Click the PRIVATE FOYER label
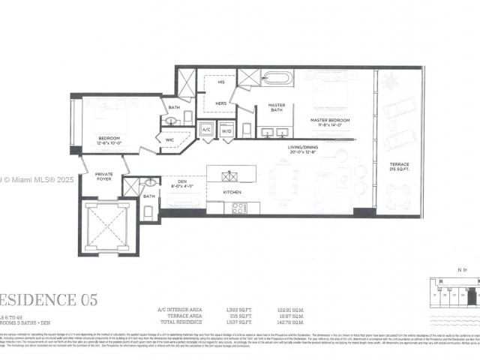pyautogui.click(x=103, y=177)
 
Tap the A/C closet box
pyautogui.click(x=206, y=130)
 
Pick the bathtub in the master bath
pyautogui.click(x=276, y=77)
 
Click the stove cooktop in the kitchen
pyautogui.click(x=239, y=208)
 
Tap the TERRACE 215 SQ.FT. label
pyautogui.click(x=400, y=166)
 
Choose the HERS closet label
pyautogui.click(x=221, y=103)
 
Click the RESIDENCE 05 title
pyautogui.click(x=49, y=300)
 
